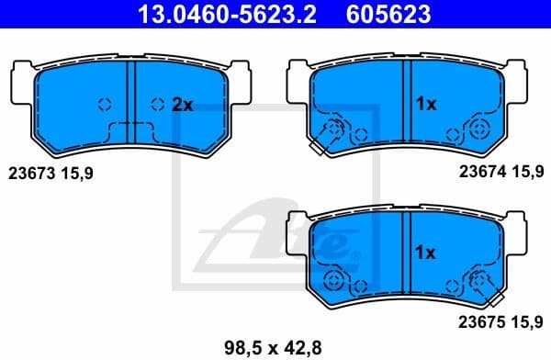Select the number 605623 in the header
point(388,14)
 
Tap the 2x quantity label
point(183,105)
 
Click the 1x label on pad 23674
point(424,105)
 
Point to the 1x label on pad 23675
point(424,251)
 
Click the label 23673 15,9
point(51,172)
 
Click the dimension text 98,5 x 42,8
point(274,346)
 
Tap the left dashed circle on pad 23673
point(104,104)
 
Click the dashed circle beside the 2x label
point(159,104)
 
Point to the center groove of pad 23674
point(407,101)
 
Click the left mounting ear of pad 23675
point(298,234)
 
